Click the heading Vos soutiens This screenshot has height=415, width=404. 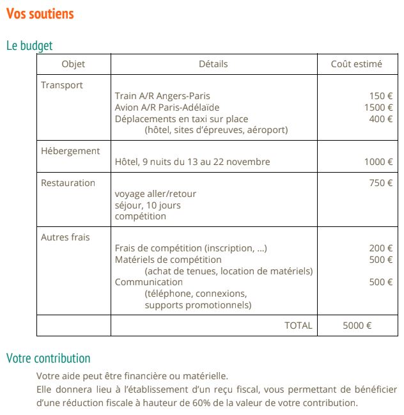point(40,13)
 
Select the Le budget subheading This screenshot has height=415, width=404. point(29,46)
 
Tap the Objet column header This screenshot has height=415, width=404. point(73,64)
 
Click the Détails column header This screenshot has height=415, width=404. point(213,64)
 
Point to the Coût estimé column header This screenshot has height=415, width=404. point(356,64)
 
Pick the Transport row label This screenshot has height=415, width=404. point(62,85)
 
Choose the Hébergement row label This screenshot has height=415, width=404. point(70,151)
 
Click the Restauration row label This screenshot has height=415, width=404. point(68,183)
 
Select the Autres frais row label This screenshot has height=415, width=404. point(65,237)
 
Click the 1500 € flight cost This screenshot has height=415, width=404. point(378,107)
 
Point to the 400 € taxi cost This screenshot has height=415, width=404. point(381,119)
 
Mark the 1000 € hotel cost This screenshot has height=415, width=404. point(378,162)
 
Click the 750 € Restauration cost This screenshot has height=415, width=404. point(381,183)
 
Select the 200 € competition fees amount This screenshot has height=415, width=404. point(381,248)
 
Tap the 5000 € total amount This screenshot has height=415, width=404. point(357,325)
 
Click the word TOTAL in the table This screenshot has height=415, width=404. point(299,325)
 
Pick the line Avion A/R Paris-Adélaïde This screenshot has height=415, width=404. point(167,107)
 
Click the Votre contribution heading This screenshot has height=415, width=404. point(49,358)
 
